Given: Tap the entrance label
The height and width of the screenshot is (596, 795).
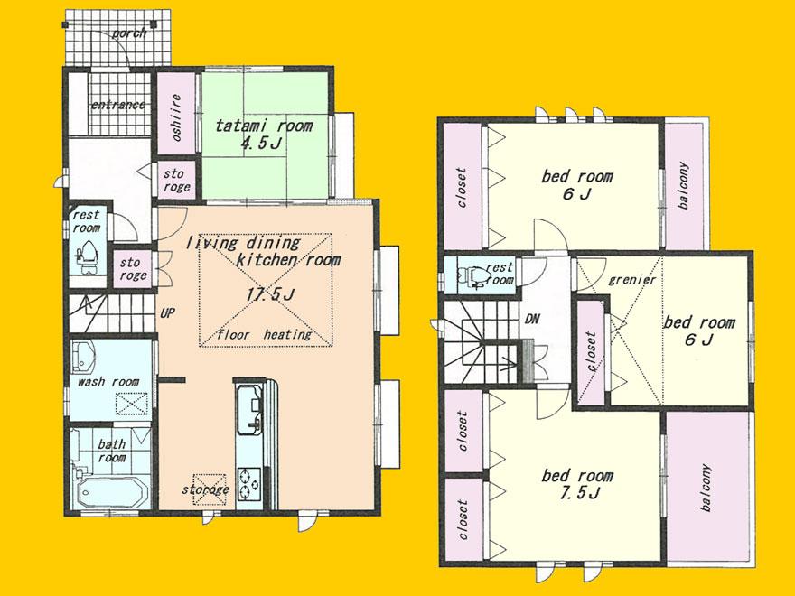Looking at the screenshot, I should point(117,105).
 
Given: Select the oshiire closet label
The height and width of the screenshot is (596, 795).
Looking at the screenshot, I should point(176,117).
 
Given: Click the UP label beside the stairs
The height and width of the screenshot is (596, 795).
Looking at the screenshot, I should point(168,313).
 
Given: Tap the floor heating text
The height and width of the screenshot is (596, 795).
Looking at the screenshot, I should point(264,334).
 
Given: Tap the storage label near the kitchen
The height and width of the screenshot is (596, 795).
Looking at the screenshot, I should point(205,489).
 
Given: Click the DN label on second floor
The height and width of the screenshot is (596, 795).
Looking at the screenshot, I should point(532,319).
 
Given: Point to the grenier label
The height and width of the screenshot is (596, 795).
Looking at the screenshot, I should point(631,280).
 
